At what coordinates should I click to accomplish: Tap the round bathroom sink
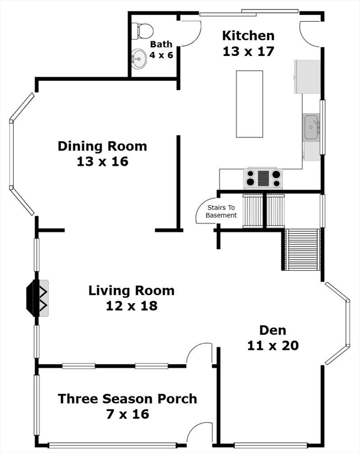coord(139,59)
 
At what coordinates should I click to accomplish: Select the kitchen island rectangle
coord(250,104)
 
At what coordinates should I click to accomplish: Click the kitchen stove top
coord(263,178)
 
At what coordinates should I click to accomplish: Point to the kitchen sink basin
coord(311,127)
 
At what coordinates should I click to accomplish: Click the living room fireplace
coord(38,298)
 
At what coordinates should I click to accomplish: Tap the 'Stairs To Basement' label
coord(221,212)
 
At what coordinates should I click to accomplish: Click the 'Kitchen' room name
coord(248,36)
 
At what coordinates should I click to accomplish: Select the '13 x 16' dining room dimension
coord(103,162)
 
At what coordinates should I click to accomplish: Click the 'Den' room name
coord(273,330)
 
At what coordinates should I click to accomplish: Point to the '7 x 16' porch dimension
coord(127,414)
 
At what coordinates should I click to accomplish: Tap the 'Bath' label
coord(161,44)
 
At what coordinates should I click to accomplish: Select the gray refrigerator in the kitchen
coord(307,77)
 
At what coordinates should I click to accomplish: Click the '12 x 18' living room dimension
coord(132,306)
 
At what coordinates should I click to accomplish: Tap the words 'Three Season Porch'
coord(127,399)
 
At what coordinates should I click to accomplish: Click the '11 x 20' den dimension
coord(273,346)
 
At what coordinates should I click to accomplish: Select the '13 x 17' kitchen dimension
coord(248,51)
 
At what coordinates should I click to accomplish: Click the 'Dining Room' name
coord(102,146)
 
